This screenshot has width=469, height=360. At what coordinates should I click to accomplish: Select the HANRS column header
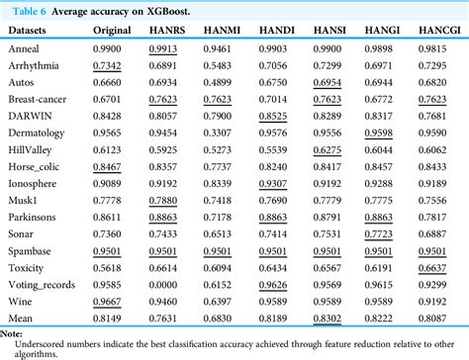click(167, 30)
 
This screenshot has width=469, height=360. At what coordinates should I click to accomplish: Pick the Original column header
click(115, 30)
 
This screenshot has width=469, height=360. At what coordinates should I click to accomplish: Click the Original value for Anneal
click(114, 46)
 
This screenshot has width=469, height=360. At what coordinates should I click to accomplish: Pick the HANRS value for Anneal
click(167, 46)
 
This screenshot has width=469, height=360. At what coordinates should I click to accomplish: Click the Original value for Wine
click(114, 300)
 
